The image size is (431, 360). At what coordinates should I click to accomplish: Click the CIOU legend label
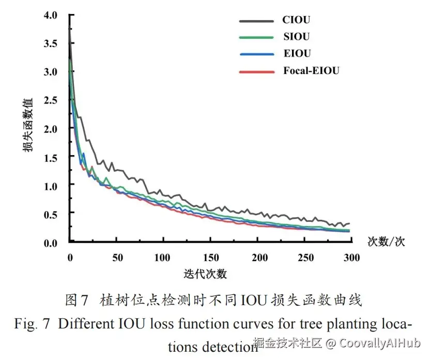pos(296,20)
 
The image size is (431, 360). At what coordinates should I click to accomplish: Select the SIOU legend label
pos(297,37)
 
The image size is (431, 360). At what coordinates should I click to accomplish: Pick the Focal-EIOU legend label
pos(311,70)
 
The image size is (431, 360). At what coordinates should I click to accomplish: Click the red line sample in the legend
pos(256,71)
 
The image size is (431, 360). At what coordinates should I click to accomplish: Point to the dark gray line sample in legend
pos(256,21)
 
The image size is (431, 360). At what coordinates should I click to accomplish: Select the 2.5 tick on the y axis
pos(53,99)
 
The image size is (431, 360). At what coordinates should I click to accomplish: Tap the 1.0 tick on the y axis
pos(53,185)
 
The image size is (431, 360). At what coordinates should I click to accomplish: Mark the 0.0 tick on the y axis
pos(53,242)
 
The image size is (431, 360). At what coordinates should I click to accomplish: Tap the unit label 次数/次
pos(386,242)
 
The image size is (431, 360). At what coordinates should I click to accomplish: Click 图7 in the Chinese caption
pos(78,300)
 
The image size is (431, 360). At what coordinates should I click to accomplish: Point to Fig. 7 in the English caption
pos(33,324)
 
